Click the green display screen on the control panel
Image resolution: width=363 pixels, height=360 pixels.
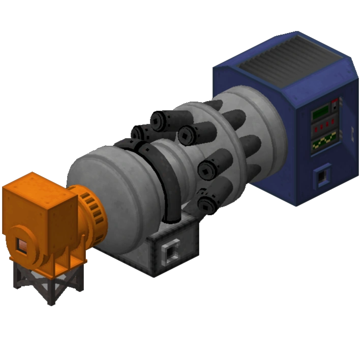pyautogui.click(x=320, y=112)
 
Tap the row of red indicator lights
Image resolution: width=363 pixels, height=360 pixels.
pyautogui.click(x=324, y=124)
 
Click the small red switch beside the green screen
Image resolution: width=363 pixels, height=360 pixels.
pyautogui.click(x=335, y=105)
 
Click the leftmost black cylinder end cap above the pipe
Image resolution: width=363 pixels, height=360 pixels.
pyautogui.click(x=139, y=134)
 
